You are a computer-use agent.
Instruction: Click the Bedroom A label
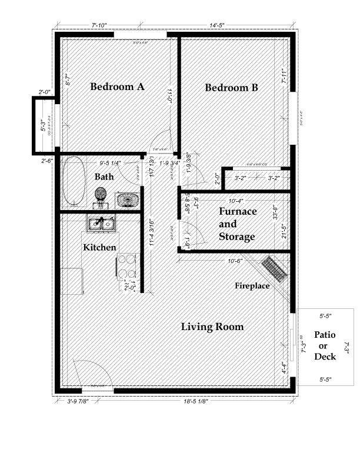(x=117, y=87)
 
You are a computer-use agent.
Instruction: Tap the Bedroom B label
(x=231, y=88)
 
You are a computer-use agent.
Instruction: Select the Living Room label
(x=212, y=327)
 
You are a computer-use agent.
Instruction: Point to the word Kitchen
(x=99, y=248)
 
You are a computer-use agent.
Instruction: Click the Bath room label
(x=104, y=177)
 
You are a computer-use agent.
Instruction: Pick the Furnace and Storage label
(x=237, y=224)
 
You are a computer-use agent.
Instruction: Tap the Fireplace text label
(x=252, y=286)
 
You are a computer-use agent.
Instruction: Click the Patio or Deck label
(x=325, y=345)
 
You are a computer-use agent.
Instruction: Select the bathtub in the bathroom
(x=74, y=181)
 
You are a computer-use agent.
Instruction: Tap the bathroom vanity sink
(x=127, y=199)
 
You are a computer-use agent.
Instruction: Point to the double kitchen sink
(x=101, y=224)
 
